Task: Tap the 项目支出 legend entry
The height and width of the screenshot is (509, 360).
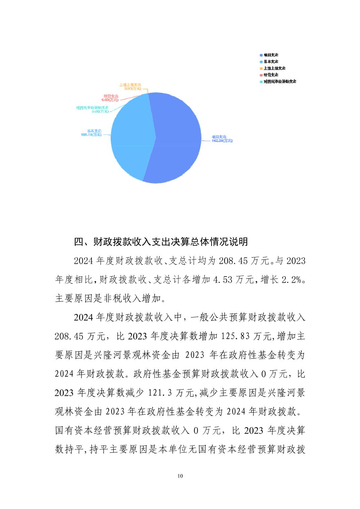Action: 271,55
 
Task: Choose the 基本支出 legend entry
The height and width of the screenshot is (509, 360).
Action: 271,62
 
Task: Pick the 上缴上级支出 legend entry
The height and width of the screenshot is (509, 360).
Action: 274,68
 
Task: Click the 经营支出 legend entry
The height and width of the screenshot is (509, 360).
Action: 271,75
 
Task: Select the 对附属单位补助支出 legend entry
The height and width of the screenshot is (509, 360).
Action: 279,81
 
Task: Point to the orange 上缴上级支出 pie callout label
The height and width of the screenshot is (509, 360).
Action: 130,87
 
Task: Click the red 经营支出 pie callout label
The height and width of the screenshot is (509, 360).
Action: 111,98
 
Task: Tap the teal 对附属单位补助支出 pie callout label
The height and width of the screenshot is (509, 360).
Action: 93,109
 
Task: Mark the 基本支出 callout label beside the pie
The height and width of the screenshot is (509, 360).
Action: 92,133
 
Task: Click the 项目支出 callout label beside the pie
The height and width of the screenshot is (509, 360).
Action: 222,139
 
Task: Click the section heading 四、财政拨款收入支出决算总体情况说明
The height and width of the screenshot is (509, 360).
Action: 161,241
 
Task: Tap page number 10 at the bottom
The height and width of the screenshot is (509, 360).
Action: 180,476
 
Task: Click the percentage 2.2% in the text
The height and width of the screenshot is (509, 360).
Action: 291,280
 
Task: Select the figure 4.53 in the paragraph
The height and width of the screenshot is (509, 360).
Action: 223,280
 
